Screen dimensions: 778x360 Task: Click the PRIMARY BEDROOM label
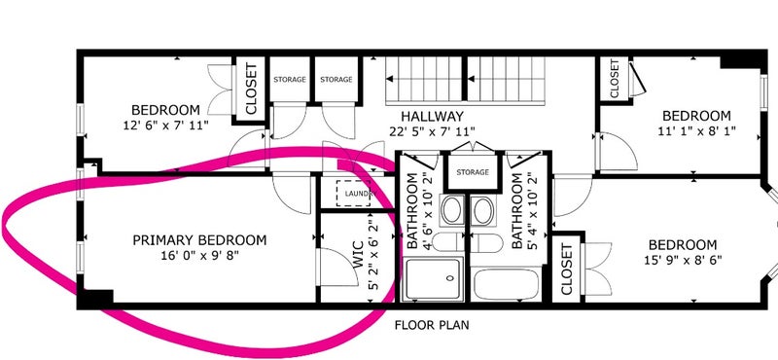click(199, 241)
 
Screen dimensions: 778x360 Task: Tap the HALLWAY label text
click(432, 117)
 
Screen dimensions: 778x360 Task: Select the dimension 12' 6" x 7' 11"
click(165, 126)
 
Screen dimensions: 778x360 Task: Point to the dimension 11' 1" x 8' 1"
click(696, 131)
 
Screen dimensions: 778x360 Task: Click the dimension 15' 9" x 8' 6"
click(683, 260)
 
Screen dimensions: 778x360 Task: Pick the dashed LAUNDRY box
click(353, 194)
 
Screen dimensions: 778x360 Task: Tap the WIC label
click(358, 255)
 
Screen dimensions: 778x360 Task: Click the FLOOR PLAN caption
click(432, 326)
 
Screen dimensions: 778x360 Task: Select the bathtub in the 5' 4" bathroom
click(507, 284)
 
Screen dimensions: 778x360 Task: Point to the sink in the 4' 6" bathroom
click(452, 210)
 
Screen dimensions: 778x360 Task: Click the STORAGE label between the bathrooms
click(473, 172)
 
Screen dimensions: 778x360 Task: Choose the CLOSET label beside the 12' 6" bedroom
click(251, 89)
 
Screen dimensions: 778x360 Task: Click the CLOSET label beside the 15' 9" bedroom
click(567, 269)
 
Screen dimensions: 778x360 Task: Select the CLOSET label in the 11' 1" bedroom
click(615, 79)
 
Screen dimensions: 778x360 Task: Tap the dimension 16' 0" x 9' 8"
click(199, 255)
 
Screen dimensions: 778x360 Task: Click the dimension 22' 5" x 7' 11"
click(432, 131)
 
